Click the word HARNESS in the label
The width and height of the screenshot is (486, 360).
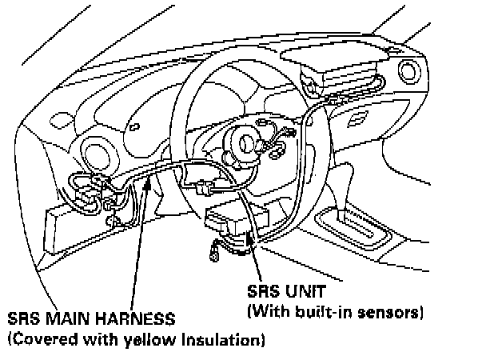pos(134,319)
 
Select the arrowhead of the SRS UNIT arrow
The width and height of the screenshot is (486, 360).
pos(250,232)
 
